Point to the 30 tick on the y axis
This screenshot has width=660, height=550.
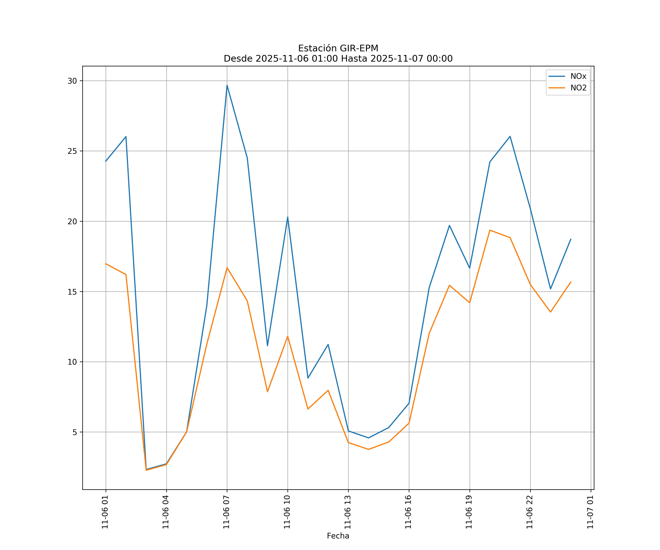72,81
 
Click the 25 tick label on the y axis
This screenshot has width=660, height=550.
72,151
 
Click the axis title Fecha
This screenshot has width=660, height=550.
338,536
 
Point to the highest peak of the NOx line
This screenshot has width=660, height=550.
227,85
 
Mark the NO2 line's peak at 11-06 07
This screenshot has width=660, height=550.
227,268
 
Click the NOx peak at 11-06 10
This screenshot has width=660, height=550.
288,217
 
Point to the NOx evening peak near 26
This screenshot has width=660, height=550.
510,136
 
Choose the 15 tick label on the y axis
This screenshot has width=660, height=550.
72,292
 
